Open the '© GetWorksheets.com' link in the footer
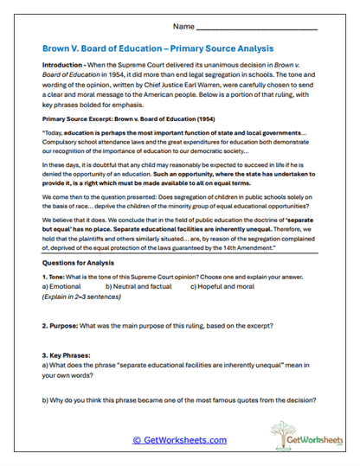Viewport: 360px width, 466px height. point(180,439)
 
